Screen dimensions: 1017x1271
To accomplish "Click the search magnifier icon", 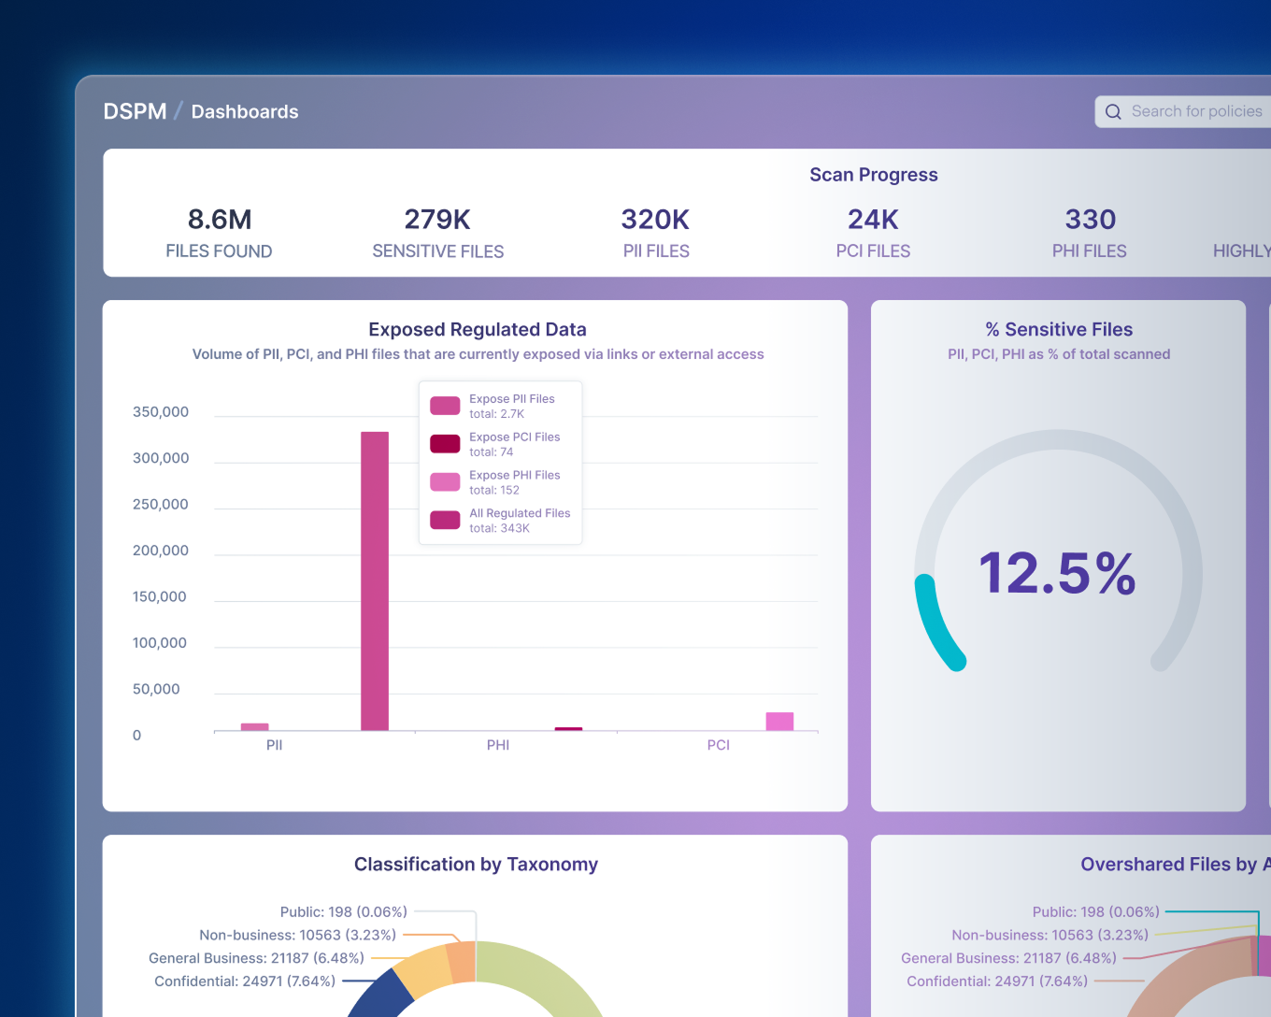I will tap(1113, 112).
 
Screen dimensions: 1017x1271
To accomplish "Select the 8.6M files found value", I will tap(220, 220).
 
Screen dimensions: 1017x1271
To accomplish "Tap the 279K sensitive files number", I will tap(437, 220).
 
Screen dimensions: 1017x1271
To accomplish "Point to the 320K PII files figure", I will tap(655, 220).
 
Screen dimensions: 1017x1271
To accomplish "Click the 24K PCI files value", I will tap(873, 220).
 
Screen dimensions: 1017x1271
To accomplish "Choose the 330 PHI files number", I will tap(1091, 220).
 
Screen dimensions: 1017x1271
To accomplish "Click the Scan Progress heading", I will tap(873, 175).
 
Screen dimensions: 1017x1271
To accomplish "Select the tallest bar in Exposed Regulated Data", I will tap(375, 580).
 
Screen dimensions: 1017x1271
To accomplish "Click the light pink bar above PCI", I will tap(779, 721).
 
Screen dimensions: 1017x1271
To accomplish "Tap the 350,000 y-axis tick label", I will tap(161, 412).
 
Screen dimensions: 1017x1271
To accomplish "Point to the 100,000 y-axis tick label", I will tap(160, 643).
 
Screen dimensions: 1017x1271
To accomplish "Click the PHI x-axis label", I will tap(498, 745).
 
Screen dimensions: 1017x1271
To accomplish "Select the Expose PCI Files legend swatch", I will tap(445, 444).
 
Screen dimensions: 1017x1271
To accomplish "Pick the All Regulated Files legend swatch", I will tap(445, 521).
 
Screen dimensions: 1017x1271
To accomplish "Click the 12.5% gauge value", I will tap(1057, 573).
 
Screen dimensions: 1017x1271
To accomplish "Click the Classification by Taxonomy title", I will tap(476, 865).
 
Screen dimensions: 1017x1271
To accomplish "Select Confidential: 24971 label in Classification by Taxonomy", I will tap(245, 981).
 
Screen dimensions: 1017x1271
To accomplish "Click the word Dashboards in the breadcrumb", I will tap(245, 112).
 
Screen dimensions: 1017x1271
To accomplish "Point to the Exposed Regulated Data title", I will tap(478, 330).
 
